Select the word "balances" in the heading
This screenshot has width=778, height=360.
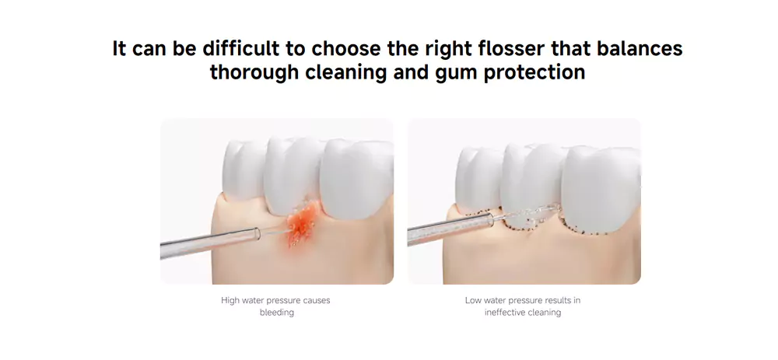(x=640, y=48)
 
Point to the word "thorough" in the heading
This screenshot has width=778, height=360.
(x=254, y=72)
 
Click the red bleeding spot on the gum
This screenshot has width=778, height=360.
(x=301, y=224)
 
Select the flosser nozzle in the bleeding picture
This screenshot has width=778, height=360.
(x=210, y=243)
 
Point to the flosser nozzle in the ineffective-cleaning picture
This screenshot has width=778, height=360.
(x=450, y=229)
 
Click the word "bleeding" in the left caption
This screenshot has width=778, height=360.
(x=277, y=313)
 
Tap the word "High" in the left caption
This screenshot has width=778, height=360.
(x=230, y=300)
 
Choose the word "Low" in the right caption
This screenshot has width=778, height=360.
(x=473, y=300)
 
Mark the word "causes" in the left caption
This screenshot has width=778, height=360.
(x=317, y=300)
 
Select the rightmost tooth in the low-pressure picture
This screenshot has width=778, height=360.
(x=601, y=188)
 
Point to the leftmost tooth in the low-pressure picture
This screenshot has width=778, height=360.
(x=478, y=180)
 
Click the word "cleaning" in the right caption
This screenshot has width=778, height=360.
(x=546, y=313)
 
